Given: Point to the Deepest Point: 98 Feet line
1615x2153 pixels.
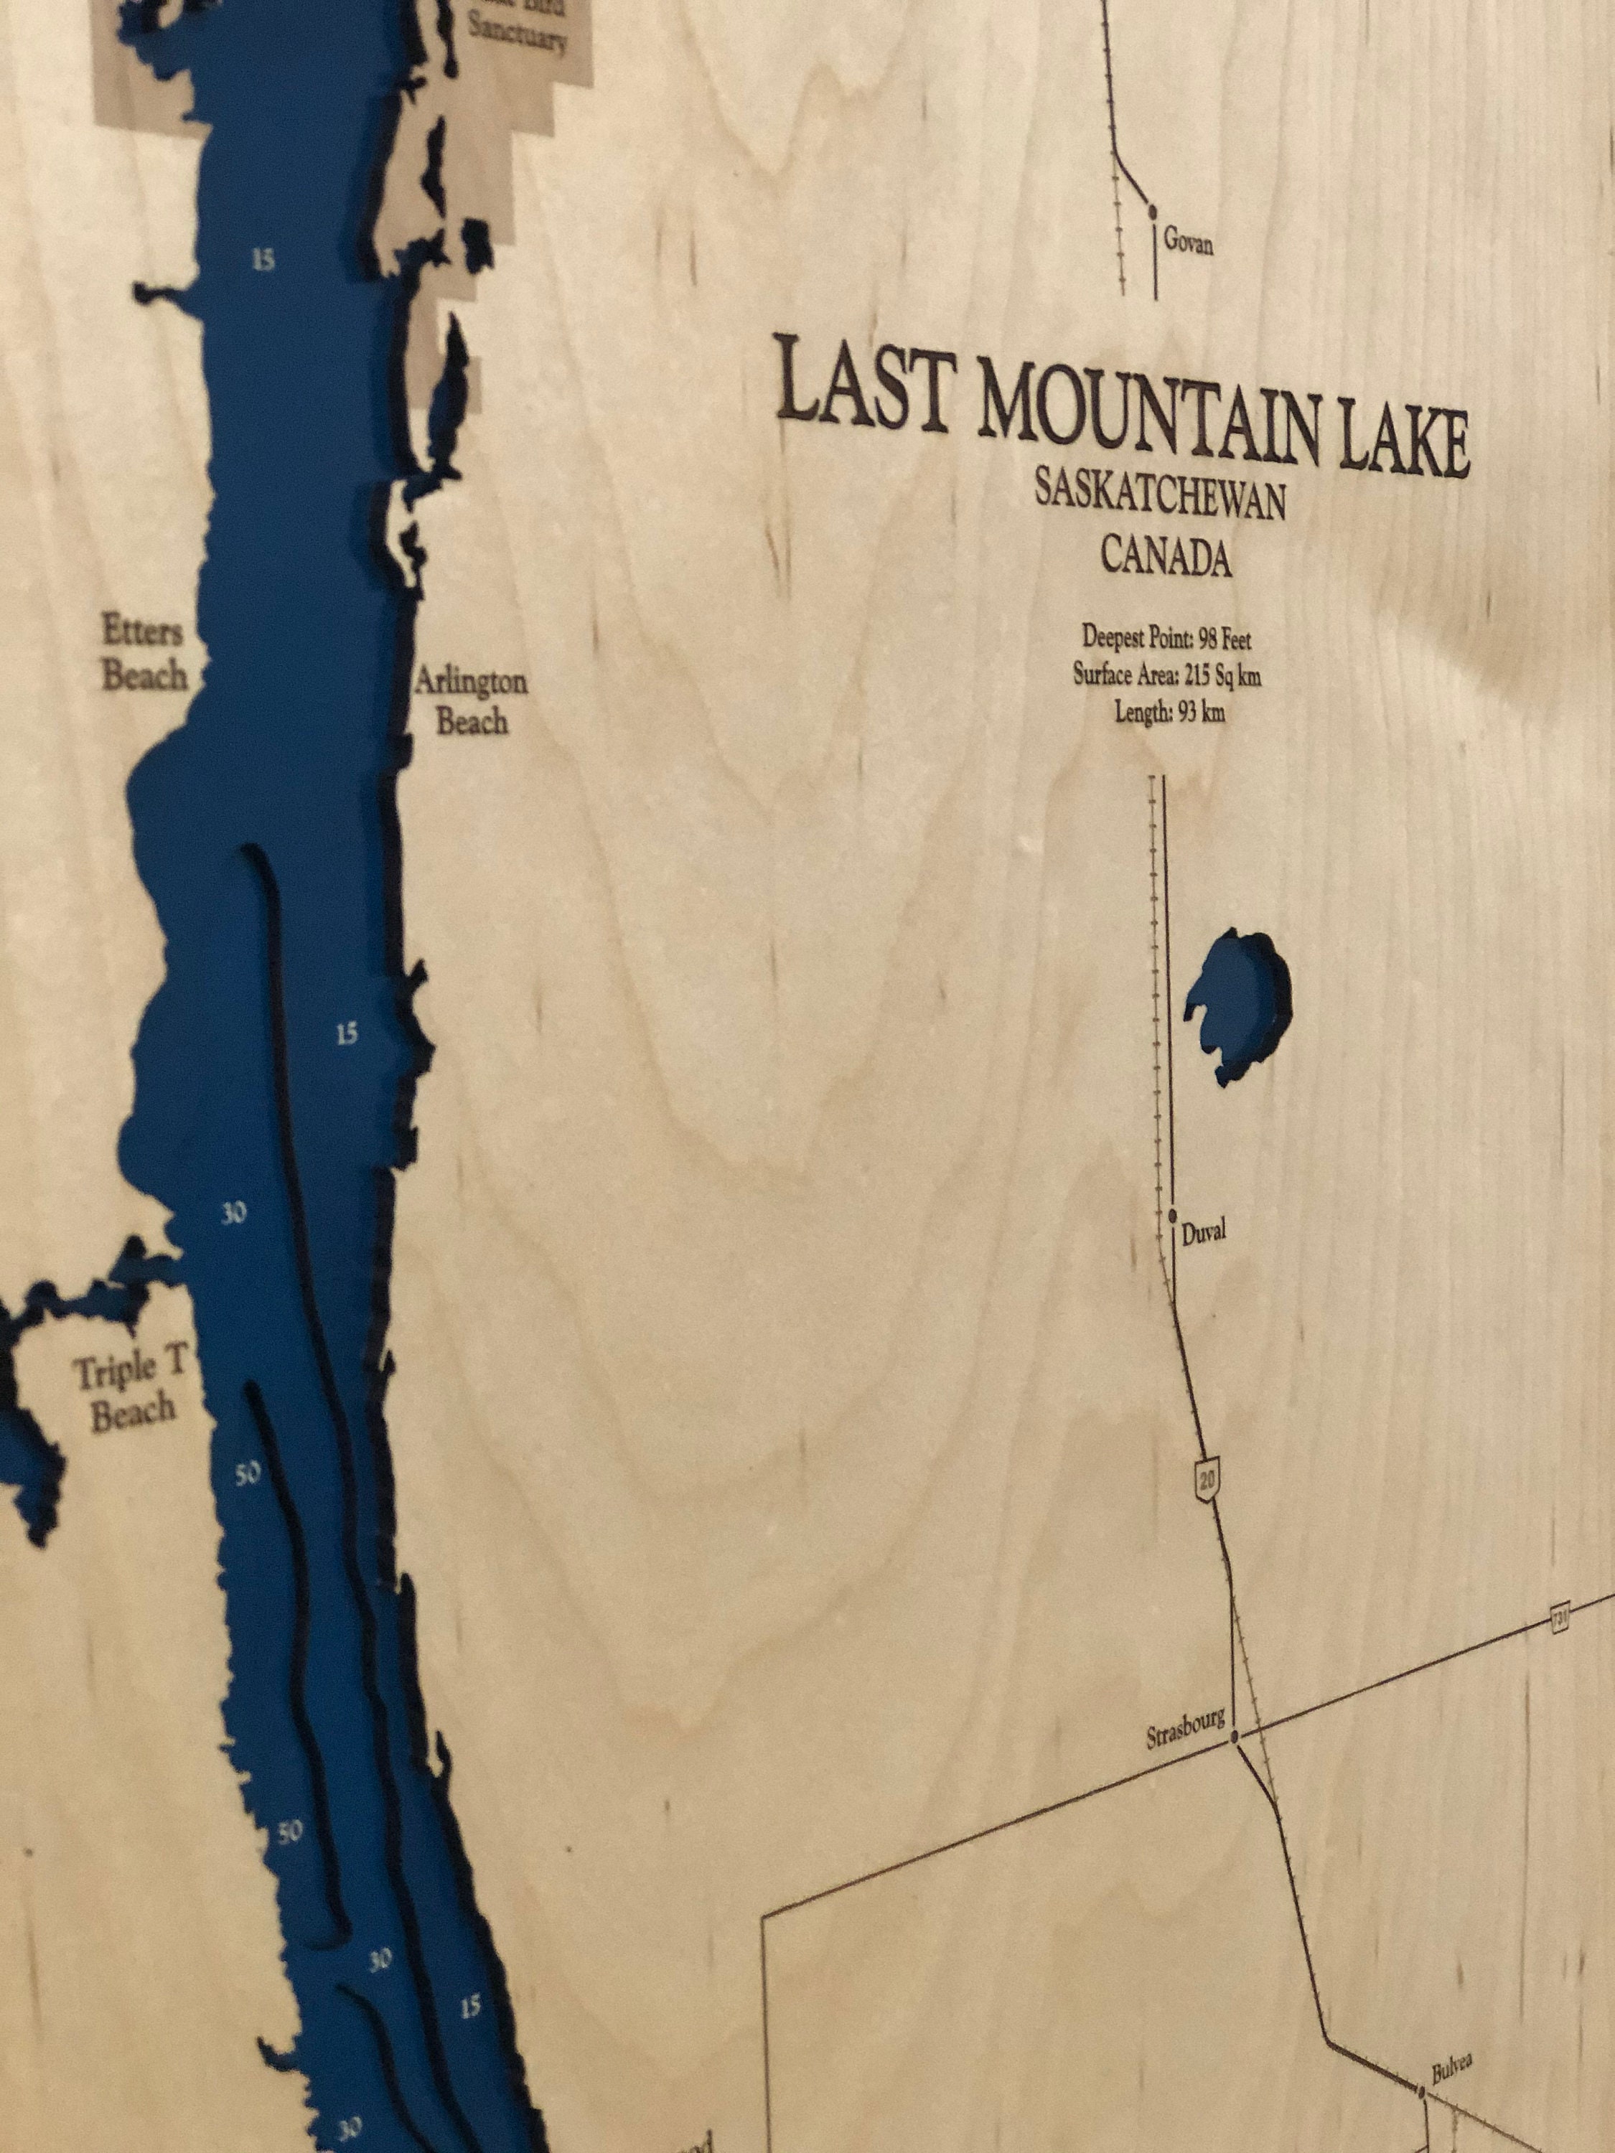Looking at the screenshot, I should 1166,639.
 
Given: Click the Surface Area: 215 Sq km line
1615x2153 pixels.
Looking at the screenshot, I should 1167,675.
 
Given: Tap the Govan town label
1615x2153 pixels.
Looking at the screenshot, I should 1189,243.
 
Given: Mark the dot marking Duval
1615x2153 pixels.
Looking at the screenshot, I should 1173,1216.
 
